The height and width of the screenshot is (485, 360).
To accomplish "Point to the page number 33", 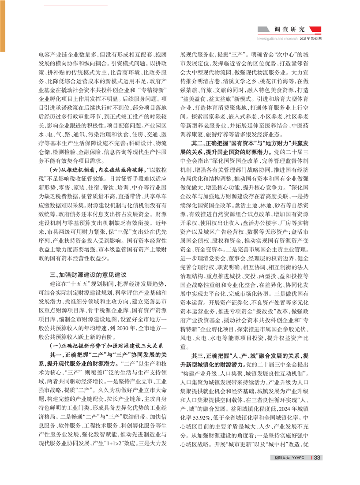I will (317, 458).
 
